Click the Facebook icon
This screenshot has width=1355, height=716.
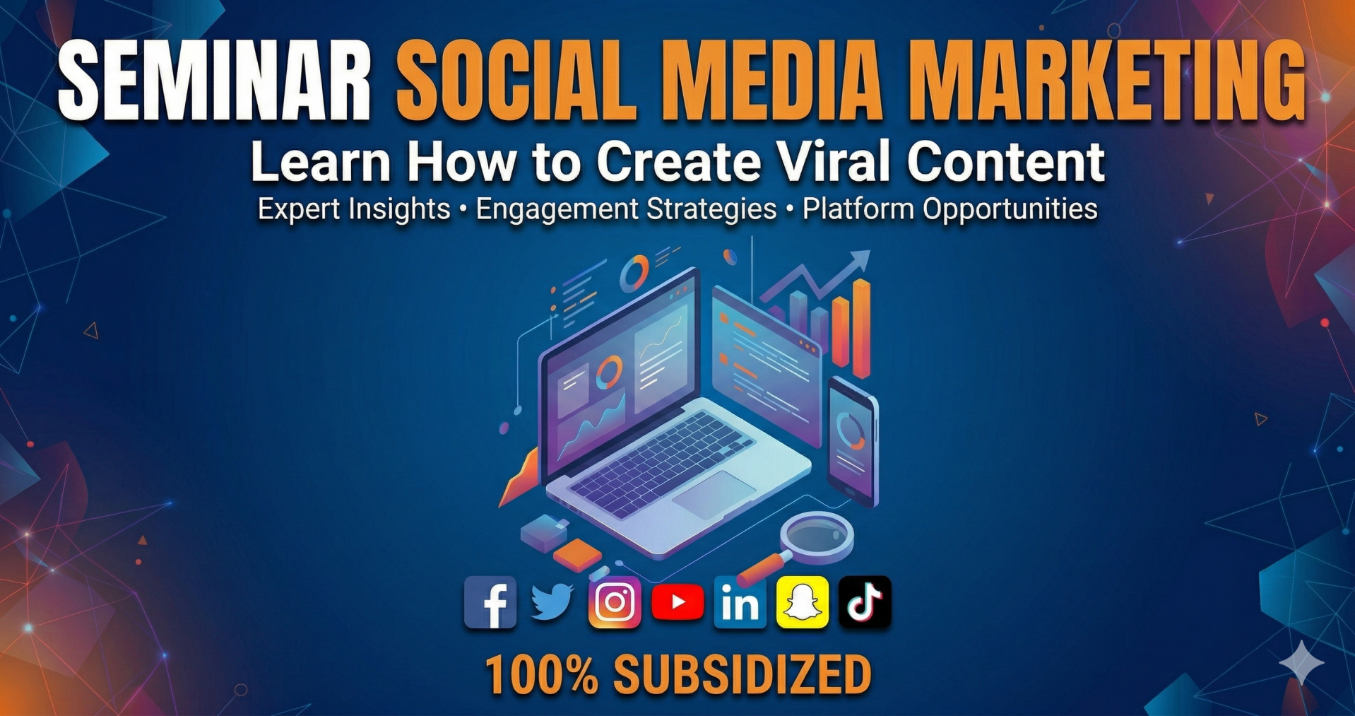[x=490, y=602]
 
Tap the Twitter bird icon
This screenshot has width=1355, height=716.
[x=552, y=602]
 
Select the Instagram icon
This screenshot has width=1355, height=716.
[x=615, y=602]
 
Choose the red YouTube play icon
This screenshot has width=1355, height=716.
[x=677, y=602]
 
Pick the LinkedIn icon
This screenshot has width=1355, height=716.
[x=740, y=602]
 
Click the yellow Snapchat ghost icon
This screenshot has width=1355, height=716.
[x=802, y=602]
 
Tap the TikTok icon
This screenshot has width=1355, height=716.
[x=865, y=602]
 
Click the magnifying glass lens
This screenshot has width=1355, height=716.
[x=817, y=537]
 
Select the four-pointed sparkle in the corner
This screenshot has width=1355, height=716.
[x=1301, y=663]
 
